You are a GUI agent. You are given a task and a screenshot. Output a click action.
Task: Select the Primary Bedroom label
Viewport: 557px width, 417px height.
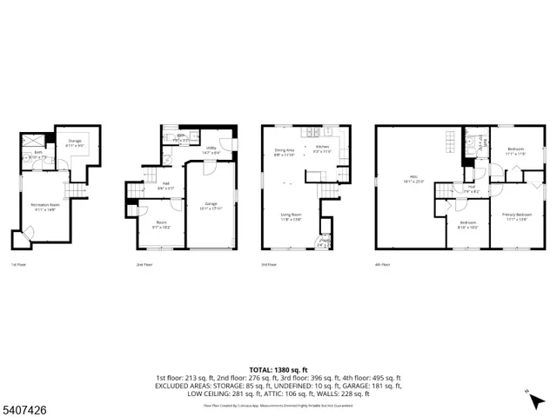click(x=517, y=216)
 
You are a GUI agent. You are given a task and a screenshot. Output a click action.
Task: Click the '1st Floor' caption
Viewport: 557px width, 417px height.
click(x=18, y=263)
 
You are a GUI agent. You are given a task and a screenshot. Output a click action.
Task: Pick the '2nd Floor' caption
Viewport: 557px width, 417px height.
click(x=144, y=263)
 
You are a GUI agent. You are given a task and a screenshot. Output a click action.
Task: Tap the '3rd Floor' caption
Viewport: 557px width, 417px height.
click(x=270, y=263)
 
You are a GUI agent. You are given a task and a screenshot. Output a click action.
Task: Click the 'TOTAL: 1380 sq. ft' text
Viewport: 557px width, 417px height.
click(x=278, y=370)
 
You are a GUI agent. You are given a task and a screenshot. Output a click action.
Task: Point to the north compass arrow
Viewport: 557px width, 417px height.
click(x=531, y=395)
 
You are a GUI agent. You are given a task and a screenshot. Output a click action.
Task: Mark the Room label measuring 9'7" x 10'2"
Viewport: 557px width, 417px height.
click(x=163, y=224)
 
